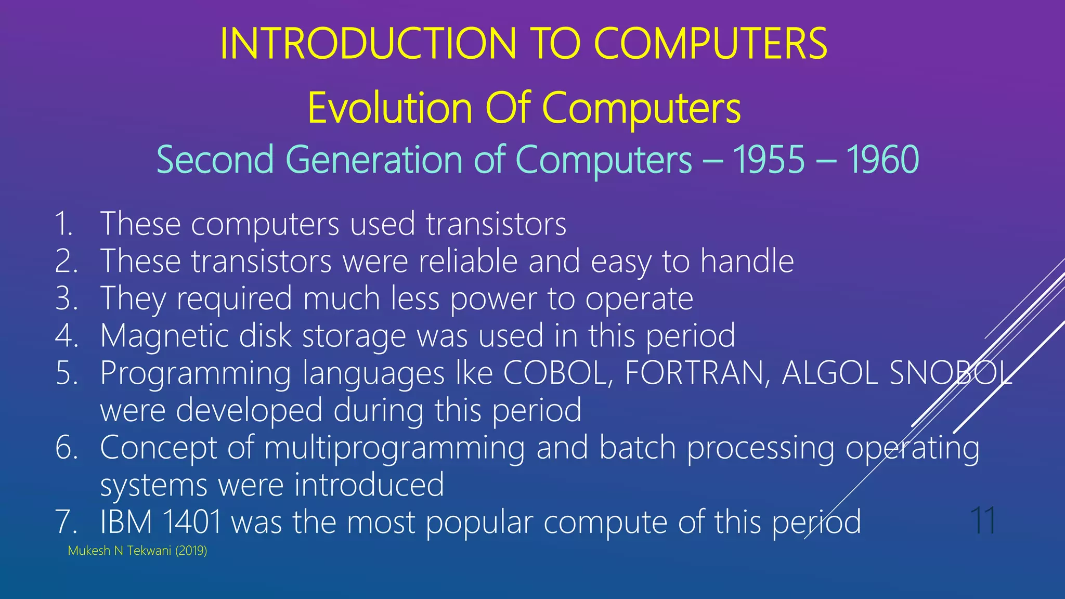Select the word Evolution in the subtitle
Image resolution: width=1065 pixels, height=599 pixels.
[x=389, y=108]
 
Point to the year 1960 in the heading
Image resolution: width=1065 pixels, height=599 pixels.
[x=882, y=159]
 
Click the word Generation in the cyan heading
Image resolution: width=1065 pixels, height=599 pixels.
[x=374, y=159]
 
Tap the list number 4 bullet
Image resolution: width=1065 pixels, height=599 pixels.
[x=66, y=335]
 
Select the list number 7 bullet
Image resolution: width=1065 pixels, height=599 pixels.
[x=66, y=522]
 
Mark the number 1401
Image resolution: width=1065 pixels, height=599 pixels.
[x=192, y=522]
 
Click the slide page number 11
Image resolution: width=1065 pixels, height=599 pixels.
[x=982, y=520]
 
